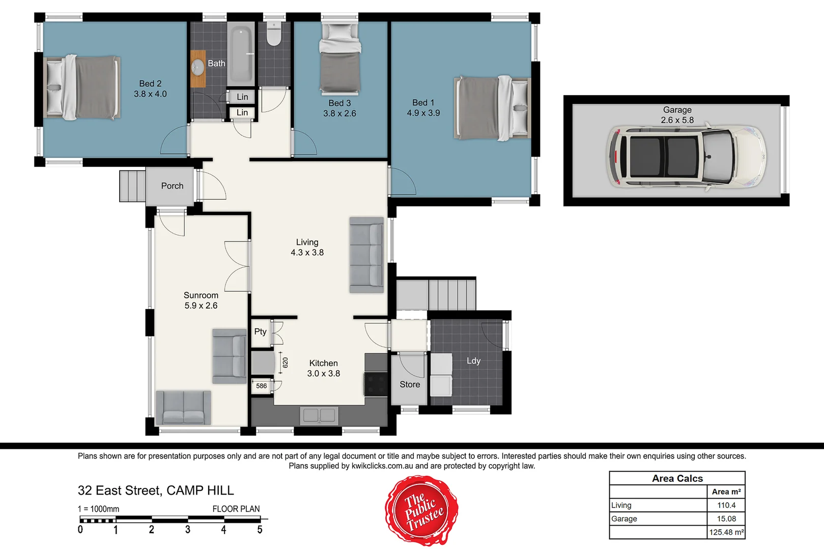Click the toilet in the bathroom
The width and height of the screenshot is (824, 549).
click(x=274, y=34)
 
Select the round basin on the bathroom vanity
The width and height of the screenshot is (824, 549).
click(x=197, y=67)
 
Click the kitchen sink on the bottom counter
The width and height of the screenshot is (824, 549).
click(x=319, y=415)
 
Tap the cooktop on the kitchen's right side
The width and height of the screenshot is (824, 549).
click(x=376, y=384)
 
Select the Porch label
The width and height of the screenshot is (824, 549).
click(x=172, y=186)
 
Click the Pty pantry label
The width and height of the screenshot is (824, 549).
click(x=260, y=331)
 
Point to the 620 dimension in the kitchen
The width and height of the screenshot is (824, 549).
click(x=285, y=362)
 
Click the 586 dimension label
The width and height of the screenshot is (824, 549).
click(x=261, y=386)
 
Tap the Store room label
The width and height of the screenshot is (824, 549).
click(x=410, y=385)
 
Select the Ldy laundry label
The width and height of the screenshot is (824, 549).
click(x=473, y=361)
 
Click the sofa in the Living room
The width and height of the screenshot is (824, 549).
click(x=366, y=255)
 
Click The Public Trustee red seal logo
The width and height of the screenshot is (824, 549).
click(x=421, y=510)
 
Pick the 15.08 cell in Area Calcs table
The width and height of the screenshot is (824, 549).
click(x=726, y=519)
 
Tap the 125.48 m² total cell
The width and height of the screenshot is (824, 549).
click(x=726, y=532)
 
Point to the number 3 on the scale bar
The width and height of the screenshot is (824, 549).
click(x=188, y=530)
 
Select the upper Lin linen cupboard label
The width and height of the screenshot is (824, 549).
click(x=242, y=97)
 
